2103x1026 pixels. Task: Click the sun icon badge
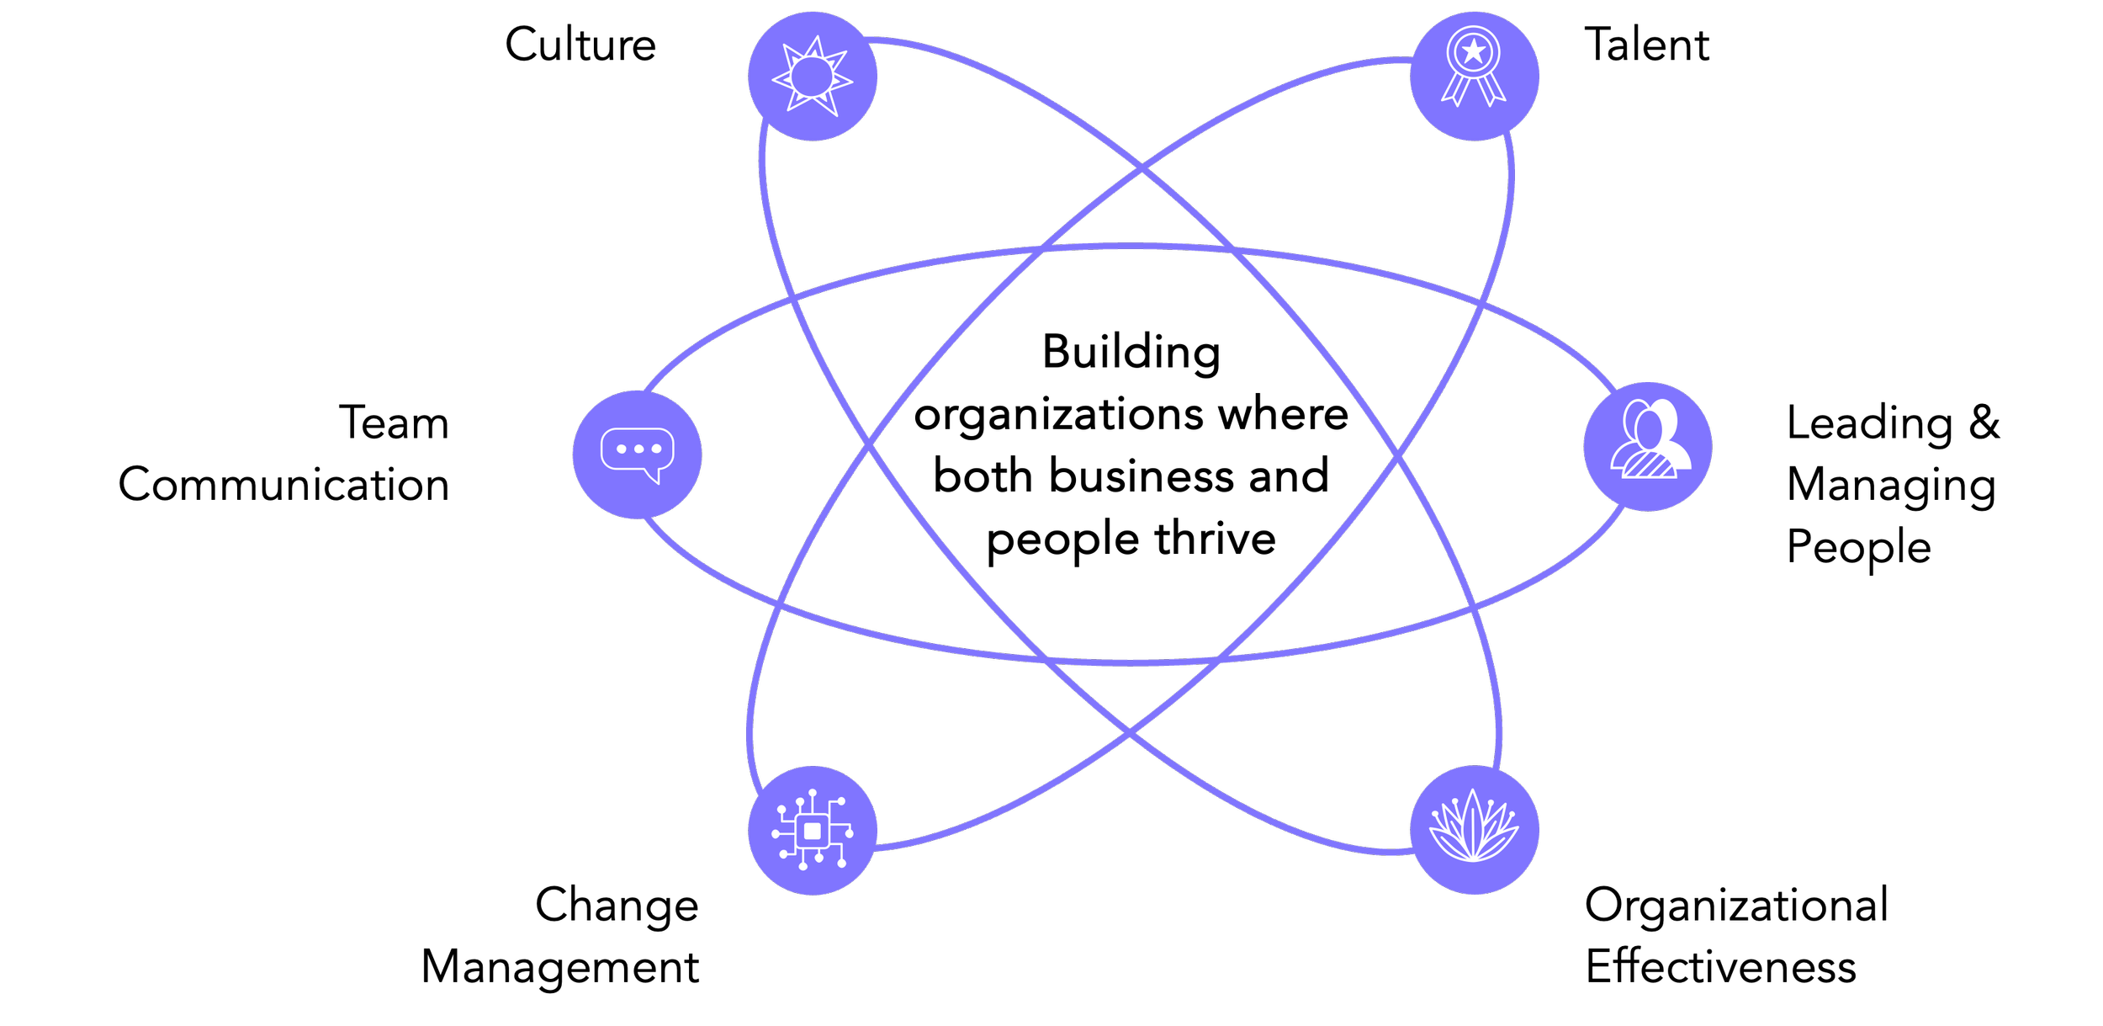(x=813, y=77)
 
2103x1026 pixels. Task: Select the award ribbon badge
(x=1474, y=77)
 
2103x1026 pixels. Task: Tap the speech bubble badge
(x=637, y=455)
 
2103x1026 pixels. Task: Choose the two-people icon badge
(x=1647, y=446)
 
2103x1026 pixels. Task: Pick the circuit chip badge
(x=813, y=831)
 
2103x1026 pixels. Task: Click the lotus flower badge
(x=1474, y=830)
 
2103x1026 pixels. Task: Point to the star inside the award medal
(x=1474, y=52)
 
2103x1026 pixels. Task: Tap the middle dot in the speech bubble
(x=638, y=449)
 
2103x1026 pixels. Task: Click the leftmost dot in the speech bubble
(x=621, y=449)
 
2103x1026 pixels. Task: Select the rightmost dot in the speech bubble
(x=656, y=449)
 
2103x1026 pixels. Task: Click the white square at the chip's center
(x=813, y=832)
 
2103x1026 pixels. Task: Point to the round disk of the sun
(x=812, y=77)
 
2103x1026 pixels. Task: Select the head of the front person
(x=1649, y=429)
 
